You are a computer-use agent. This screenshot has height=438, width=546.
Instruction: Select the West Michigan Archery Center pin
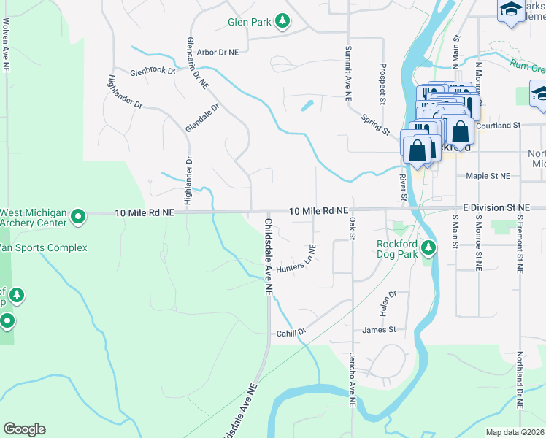80,215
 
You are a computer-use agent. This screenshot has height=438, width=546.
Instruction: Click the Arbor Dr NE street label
218,53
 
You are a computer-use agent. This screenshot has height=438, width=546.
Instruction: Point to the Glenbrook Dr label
153,72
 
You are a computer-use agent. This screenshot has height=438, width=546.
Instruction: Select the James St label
379,330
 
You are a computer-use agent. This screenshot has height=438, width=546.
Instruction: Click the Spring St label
375,123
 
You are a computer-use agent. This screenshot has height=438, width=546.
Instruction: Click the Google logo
24,429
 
